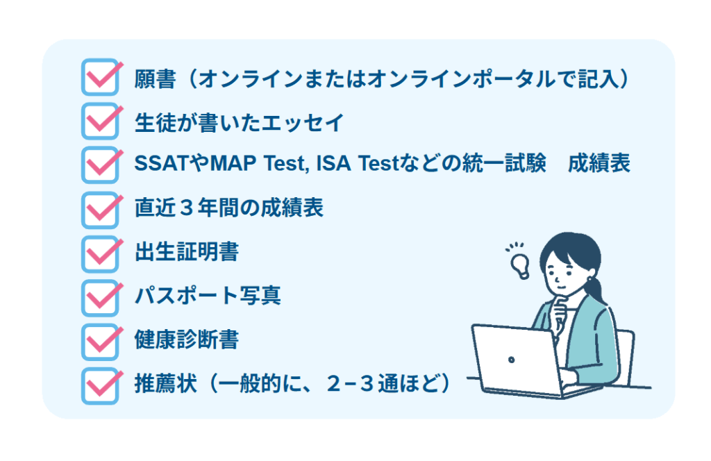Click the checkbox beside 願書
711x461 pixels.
click(100, 78)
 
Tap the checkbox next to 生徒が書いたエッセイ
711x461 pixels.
click(100, 121)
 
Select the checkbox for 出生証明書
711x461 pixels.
click(100, 254)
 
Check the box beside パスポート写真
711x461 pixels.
click(100, 299)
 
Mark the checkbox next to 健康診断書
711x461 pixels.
click(100, 342)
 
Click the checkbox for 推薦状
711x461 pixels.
click(100, 386)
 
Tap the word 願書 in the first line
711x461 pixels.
click(155, 79)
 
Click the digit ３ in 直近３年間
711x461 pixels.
click(187, 208)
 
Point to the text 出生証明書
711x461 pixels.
click(187, 252)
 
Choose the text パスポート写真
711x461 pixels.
click(208, 296)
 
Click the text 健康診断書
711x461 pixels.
click(187, 340)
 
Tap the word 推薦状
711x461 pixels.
click(166, 384)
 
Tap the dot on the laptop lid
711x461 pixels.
click(512, 360)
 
